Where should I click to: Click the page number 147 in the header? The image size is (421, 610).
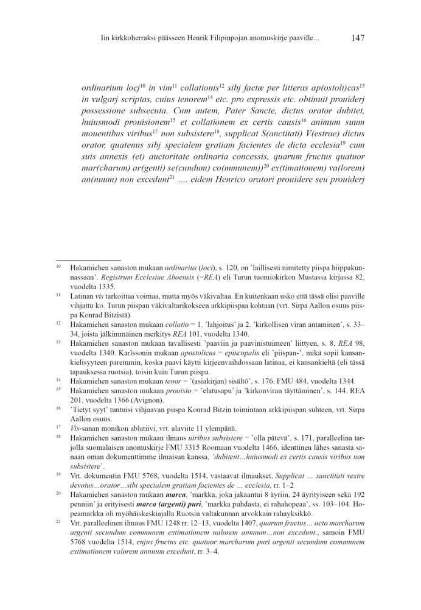[x=358, y=38]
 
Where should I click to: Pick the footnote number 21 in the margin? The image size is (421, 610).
[x=58, y=523]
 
